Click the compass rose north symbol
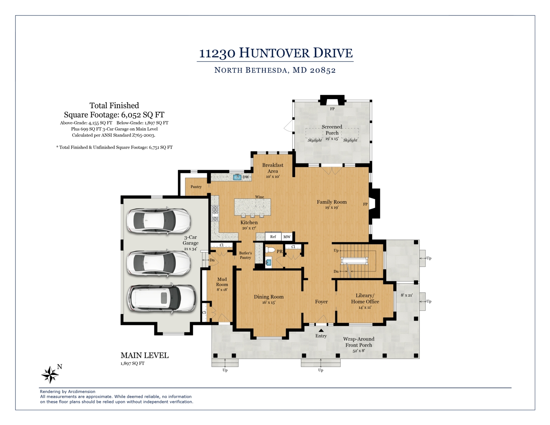pyautogui.click(x=51, y=374)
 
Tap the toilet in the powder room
pyautogui.click(x=270, y=250)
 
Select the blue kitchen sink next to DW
pyautogui.click(x=237, y=177)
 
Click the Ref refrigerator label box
pyautogui.click(x=273, y=237)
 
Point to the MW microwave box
pyautogui.click(x=287, y=237)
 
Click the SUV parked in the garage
pyautogui.click(x=162, y=299)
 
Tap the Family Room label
pyautogui.click(x=332, y=202)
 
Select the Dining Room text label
pyautogui.click(x=268, y=297)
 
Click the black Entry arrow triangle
pyautogui.click(x=321, y=330)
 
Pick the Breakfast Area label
pyautogui.click(x=273, y=168)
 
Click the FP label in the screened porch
pyautogui.click(x=332, y=109)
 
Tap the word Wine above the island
pyautogui.click(x=260, y=197)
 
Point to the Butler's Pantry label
pyautogui.click(x=245, y=255)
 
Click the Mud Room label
pyautogui.click(x=222, y=282)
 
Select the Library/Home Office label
pyautogui.click(x=365, y=298)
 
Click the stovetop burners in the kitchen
pyautogui.click(x=215, y=213)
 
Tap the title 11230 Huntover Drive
pyautogui.click(x=276, y=53)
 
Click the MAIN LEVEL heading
pyautogui.click(x=144, y=356)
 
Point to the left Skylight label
pyautogui.click(x=315, y=140)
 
